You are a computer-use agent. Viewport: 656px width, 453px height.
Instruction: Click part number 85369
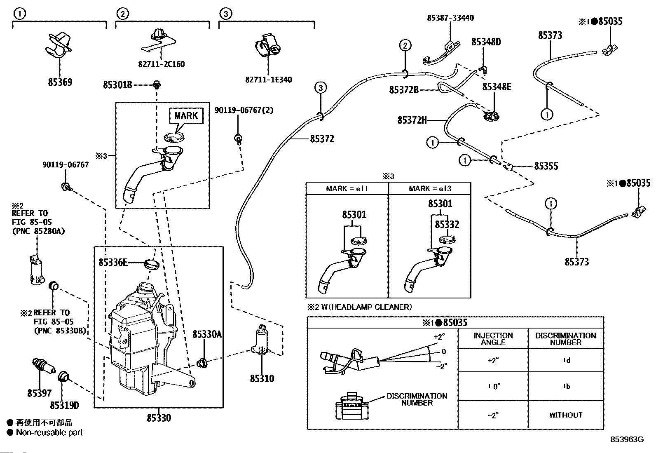(x=60, y=82)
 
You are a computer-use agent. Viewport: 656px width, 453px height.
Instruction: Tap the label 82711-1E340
(x=268, y=80)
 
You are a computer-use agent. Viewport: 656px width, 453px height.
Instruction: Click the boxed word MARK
(x=186, y=115)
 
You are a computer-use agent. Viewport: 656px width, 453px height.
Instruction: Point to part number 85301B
(x=117, y=85)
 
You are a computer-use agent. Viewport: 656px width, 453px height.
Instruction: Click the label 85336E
(x=113, y=262)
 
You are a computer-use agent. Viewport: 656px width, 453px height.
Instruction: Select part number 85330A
(x=207, y=334)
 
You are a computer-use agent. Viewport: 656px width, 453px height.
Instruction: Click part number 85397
(x=40, y=393)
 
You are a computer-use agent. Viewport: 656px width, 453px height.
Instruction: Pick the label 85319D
(x=64, y=406)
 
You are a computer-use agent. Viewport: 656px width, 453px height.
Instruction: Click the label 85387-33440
(x=450, y=18)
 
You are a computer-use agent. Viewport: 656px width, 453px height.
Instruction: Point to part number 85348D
(x=486, y=42)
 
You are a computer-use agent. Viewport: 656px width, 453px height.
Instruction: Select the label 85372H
(x=412, y=120)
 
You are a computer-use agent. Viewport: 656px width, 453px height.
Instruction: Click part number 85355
(x=546, y=166)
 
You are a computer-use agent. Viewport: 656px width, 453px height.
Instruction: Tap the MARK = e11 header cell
(x=347, y=188)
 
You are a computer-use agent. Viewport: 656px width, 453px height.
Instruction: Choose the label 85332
(x=447, y=225)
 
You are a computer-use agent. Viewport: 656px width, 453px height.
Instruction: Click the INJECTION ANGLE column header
(x=493, y=339)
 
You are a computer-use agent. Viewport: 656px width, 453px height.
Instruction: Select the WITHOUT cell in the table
(x=566, y=415)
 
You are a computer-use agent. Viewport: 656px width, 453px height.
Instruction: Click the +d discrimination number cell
(x=566, y=360)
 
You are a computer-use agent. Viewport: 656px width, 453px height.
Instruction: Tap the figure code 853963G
(x=627, y=439)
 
